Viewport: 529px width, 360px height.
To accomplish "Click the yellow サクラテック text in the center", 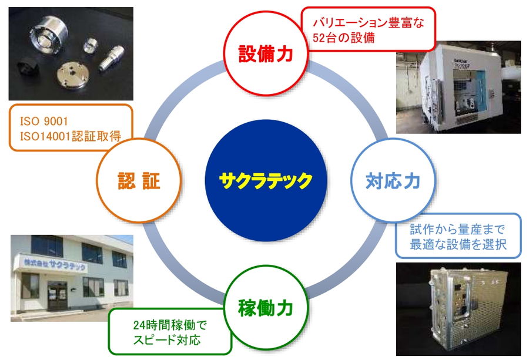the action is pos(266,181).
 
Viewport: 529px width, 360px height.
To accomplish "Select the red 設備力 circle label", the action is pos(266,54).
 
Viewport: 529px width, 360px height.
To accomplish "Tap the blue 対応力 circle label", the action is pos(393,181).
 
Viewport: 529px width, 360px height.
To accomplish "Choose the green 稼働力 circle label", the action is pos(266,308).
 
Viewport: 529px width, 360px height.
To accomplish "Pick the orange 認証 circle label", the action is pos(139,181).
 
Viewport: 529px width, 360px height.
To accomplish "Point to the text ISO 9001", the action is pos(44,121).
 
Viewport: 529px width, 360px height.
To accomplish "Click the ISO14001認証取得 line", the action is pos(71,136).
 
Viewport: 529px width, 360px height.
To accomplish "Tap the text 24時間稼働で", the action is pos(170,325).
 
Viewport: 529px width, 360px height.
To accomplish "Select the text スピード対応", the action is pos(167,340).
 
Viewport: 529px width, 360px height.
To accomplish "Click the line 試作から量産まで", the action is pos(458,229).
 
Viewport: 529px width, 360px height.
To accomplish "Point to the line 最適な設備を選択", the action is pos(458,244).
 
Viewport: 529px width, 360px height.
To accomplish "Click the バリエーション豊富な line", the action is pos(369,23).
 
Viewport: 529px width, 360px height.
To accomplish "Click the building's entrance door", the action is pos(58,295).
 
